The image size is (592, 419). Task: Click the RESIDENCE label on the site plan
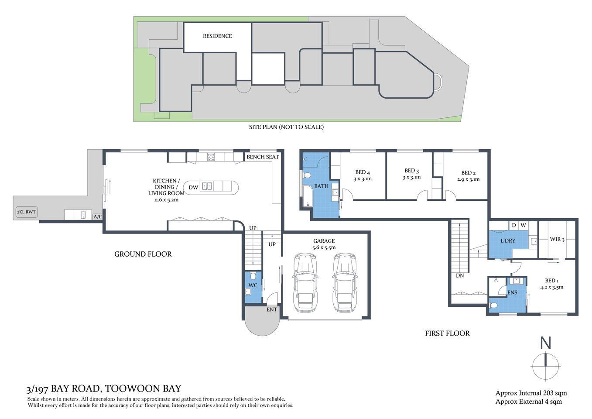pyautogui.click(x=217, y=36)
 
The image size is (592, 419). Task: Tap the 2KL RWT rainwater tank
pyautogui.click(x=26, y=212)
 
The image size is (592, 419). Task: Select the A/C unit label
pyautogui.click(x=98, y=216)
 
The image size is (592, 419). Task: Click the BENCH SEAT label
pyautogui.click(x=263, y=157)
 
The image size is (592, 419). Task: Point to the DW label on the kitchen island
pyautogui.click(x=193, y=187)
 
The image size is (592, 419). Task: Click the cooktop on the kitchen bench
pyautogui.click(x=211, y=156)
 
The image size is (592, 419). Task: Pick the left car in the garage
pyautogui.click(x=305, y=282)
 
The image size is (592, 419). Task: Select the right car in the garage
pyautogui.click(x=345, y=282)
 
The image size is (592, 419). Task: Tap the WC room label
pyautogui.click(x=253, y=285)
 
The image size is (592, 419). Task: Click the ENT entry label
pyautogui.click(x=272, y=309)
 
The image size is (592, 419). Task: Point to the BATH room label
pyautogui.click(x=322, y=186)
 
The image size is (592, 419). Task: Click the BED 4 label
pyautogui.click(x=363, y=172)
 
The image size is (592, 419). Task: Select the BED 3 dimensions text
pyautogui.click(x=411, y=178)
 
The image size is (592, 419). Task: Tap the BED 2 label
pyautogui.click(x=469, y=173)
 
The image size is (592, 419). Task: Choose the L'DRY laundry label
pyautogui.click(x=508, y=241)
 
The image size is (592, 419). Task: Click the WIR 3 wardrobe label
pyautogui.click(x=557, y=240)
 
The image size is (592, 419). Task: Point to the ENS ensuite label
pyautogui.click(x=512, y=293)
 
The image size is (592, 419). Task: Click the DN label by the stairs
pyautogui.click(x=460, y=276)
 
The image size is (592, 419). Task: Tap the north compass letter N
pyautogui.click(x=545, y=343)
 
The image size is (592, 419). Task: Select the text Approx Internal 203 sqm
pyautogui.click(x=531, y=393)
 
